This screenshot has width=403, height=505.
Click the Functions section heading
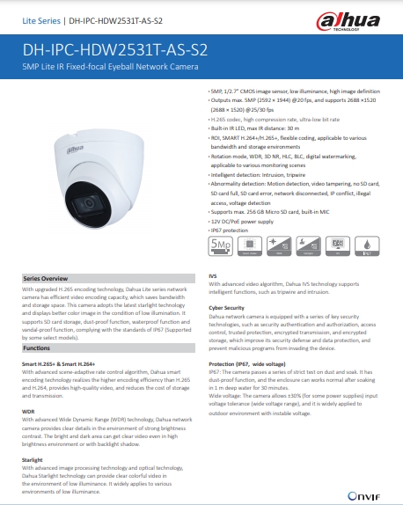[36, 324]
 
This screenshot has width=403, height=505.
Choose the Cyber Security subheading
[227, 307]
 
